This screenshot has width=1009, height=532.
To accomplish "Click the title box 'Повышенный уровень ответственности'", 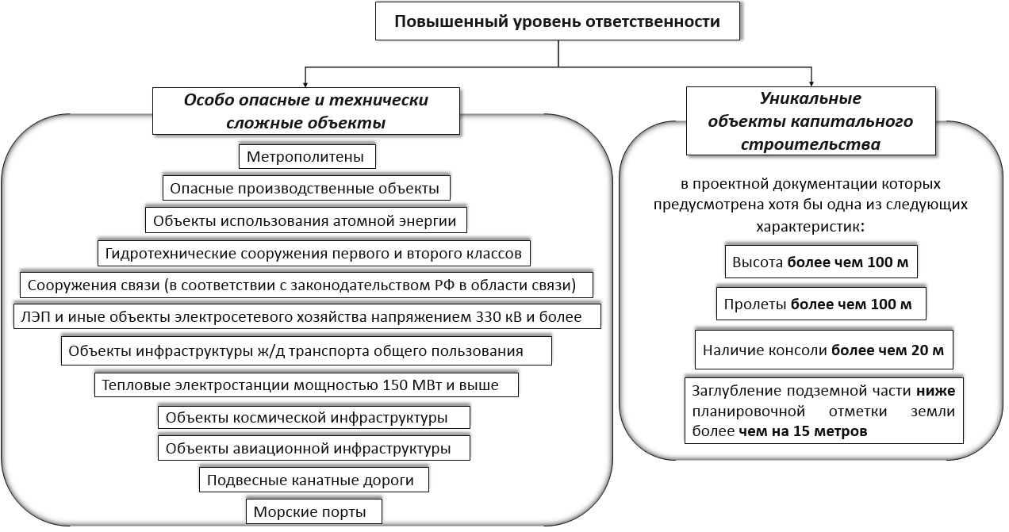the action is [x=558, y=21].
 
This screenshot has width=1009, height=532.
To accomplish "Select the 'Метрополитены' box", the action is [x=307, y=157].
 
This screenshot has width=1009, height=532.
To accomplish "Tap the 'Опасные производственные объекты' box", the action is [x=306, y=188].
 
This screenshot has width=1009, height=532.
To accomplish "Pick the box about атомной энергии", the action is [x=306, y=220].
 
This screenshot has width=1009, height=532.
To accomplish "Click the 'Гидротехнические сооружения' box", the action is [x=314, y=254].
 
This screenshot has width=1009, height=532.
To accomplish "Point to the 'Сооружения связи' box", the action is [x=306, y=285].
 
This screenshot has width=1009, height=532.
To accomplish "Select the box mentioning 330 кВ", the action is [x=307, y=316].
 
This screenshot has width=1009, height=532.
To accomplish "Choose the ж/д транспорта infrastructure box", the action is [x=306, y=350].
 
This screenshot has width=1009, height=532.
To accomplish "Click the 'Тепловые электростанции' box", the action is [x=306, y=385].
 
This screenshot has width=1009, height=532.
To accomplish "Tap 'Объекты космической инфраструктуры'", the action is [x=314, y=418].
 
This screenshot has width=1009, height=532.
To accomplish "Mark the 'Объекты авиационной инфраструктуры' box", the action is [x=314, y=448].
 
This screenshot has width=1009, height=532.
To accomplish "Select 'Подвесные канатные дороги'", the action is [x=314, y=480].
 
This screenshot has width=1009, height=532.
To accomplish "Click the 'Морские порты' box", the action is [x=314, y=511].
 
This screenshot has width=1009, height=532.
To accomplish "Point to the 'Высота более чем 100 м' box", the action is [x=821, y=262].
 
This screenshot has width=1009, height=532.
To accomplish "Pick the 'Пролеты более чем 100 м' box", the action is [x=821, y=304].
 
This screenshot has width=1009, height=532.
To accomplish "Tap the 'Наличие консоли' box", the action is [x=824, y=350].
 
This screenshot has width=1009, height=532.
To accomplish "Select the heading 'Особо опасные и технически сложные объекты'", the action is [x=306, y=111].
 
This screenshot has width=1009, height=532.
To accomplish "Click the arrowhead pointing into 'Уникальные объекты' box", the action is [x=811, y=83].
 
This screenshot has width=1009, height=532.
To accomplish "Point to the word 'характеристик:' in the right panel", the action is [x=811, y=227].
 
